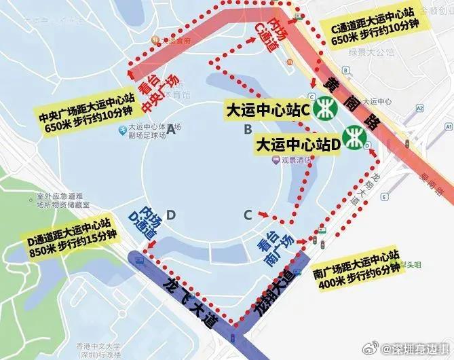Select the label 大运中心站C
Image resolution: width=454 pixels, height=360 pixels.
tap(267, 109)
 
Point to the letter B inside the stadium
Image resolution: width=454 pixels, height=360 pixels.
tap(248, 129)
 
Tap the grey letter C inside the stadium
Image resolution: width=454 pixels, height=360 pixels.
tap(248, 215)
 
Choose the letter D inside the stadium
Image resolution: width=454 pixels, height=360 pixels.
tap(171, 215)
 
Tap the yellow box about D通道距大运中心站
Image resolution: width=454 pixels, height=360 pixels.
tap(70, 236)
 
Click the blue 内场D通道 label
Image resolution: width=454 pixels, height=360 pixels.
tap(148, 221)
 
